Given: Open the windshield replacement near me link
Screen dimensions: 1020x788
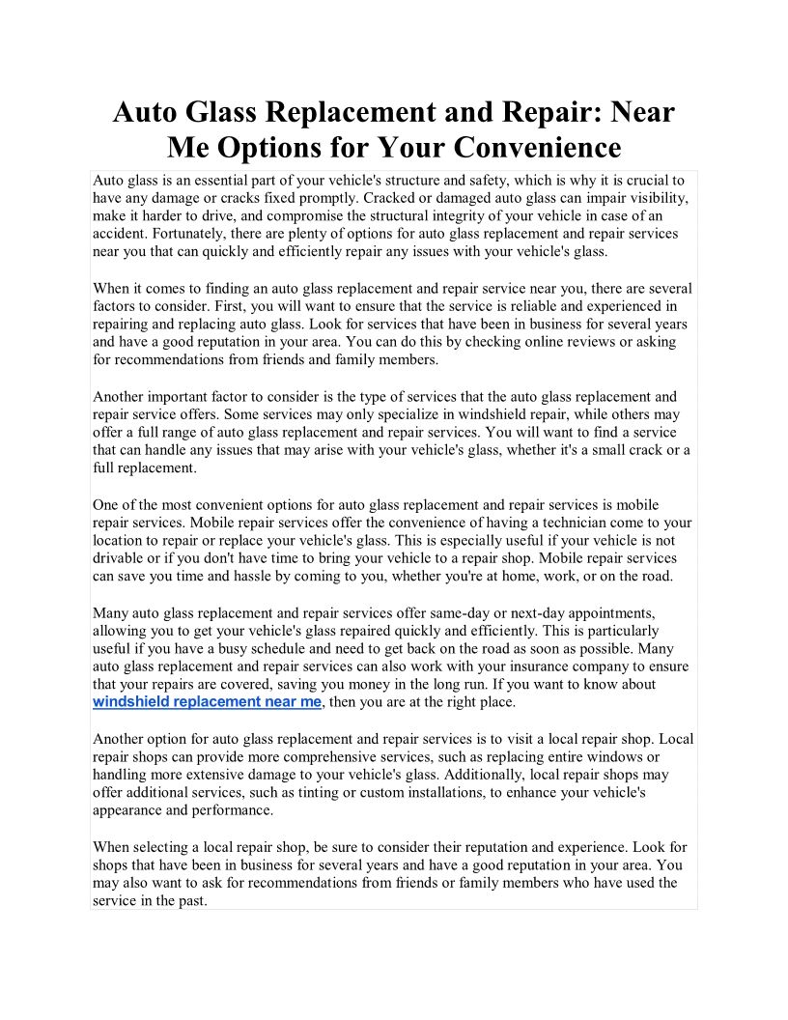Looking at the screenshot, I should pos(207,702).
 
